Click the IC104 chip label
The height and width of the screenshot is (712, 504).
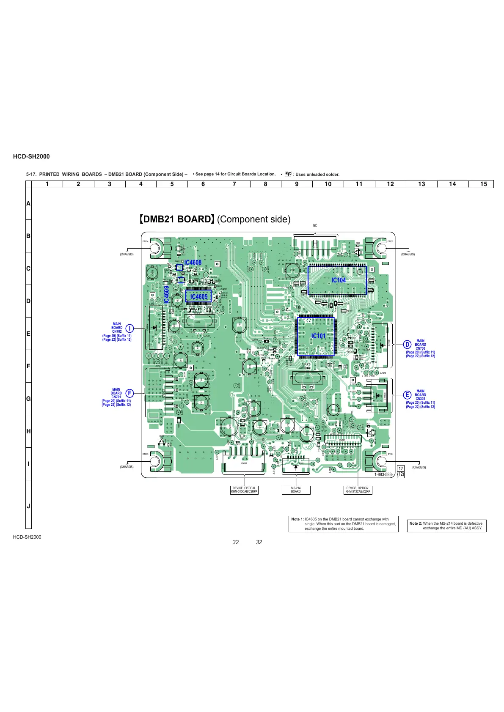(x=339, y=280)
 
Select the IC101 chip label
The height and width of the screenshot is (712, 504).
(x=319, y=336)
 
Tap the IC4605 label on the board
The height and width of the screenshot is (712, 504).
(x=198, y=296)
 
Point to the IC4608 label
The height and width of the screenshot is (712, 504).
(x=193, y=263)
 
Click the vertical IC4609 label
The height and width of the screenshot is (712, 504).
(x=167, y=295)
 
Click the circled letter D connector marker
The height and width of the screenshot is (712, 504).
(x=407, y=344)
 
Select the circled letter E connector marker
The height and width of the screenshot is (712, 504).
(x=407, y=395)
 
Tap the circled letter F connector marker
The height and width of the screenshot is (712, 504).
(x=129, y=393)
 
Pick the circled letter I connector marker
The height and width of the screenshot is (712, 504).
(x=129, y=328)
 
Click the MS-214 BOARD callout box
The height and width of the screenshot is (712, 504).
(x=296, y=490)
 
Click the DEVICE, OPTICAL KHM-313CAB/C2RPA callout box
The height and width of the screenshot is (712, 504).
(x=244, y=490)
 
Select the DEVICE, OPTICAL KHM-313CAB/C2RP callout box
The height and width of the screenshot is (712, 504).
(x=358, y=490)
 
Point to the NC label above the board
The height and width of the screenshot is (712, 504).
(x=315, y=226)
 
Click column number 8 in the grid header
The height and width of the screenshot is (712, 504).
(x=266, y=184)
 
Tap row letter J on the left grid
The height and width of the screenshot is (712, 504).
(x=28, y=506)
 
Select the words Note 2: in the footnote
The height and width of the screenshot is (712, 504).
(x=416, y=523)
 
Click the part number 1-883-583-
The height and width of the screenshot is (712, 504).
(x=384, y=474)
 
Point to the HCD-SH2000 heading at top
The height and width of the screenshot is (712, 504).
(x=31, y=156)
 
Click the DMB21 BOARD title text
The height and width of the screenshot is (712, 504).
(x=176, y=219)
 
